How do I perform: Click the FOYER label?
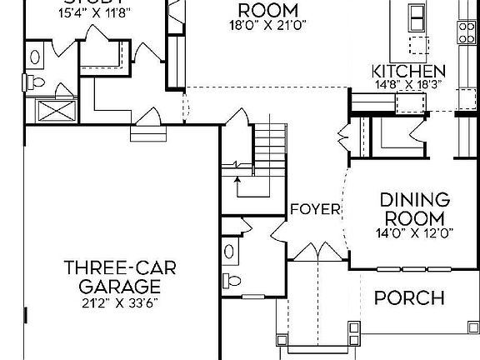click(x=316, y=209)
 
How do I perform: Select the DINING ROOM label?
click(x=414, y=209)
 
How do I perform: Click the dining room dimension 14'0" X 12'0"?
click(x=414, y=233)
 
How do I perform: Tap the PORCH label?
click(x=408, y=298)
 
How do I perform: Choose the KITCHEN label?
click(x=408, y=71)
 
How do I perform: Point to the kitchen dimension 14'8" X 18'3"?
click(x=408, y=84)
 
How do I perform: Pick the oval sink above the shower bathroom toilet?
click(x=37, y=57)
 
